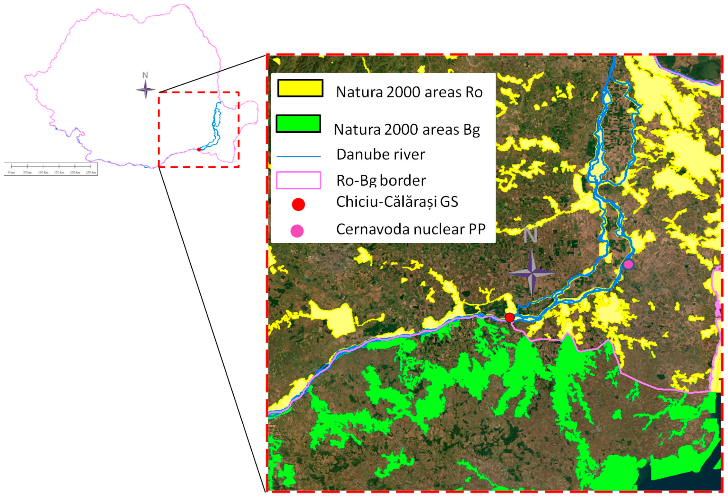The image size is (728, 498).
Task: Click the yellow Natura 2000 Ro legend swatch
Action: tap(300, 88)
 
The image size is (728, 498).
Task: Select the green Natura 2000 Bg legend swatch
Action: tap(298, 124)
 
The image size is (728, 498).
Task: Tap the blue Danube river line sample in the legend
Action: tap(299, 156)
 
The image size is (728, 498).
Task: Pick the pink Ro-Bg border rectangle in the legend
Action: tap(299, 180)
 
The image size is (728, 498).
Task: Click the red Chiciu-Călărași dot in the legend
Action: tap(298, 204)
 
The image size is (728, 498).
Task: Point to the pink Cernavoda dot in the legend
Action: tap(297, 231)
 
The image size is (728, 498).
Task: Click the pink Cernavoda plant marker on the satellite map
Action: tap(628, 265)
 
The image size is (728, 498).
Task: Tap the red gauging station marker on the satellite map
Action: tap(510, 318)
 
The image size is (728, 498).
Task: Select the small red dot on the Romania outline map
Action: tap(199, 149)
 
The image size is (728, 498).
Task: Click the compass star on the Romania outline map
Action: tap(145, 90)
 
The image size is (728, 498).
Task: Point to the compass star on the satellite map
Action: tap(532, 273)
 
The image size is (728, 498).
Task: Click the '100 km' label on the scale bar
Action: tap(43, 172)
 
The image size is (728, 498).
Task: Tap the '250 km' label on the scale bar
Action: tap(91, 172)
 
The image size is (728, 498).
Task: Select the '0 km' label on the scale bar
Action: tap(11, 172)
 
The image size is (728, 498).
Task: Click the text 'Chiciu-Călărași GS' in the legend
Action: tap(397, 202)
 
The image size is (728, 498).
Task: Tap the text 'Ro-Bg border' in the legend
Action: tap(381, 180)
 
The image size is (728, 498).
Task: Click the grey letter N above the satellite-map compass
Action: tap(530, 235)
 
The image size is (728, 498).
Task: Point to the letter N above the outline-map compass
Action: tap(145, 75)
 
